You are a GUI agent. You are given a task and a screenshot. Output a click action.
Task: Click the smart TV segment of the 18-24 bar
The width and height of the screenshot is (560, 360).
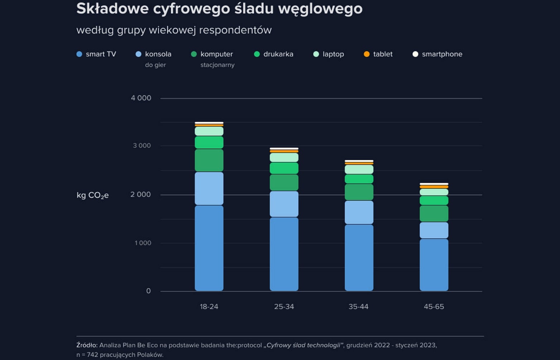(x=209, y=248)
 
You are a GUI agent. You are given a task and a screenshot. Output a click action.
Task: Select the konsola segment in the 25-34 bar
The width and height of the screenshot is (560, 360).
(x=284, y=204)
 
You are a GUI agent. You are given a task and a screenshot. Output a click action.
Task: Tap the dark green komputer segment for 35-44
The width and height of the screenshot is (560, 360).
(x=359, y=192)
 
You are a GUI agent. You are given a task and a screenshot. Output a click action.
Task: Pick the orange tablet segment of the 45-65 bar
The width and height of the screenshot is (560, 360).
(x=434, y=187)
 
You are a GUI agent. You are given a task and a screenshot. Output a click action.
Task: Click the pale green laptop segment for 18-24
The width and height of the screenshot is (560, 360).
(x=209, y=131)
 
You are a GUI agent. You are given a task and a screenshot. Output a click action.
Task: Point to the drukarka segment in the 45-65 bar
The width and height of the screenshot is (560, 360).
(x=434, y=200)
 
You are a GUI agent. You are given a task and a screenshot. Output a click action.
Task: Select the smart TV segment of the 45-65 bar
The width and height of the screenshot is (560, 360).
(x=434, y=264)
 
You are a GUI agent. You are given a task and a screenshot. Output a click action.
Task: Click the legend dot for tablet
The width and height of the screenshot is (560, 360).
(x=367, y=54)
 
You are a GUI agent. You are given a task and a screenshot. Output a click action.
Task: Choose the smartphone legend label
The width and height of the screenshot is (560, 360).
(x=442, y=54)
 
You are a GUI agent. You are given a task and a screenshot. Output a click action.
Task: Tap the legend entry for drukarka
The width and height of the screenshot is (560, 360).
(x=278, y=54)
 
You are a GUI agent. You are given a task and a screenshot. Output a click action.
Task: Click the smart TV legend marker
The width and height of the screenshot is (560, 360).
(x=79, y=54)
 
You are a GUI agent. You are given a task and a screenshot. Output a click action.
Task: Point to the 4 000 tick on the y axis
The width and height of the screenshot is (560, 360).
(x=141, y=98)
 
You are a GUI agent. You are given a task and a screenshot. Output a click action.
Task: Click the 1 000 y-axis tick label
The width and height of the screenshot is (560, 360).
(x=143, y=243)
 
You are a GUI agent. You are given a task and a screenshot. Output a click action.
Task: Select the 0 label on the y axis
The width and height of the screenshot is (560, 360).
(x=148, y=291)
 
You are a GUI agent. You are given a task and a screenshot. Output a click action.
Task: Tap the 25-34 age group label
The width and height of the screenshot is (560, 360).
(x=284, y=307)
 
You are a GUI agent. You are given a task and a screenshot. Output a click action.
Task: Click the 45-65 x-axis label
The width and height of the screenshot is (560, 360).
(x=434, y=307)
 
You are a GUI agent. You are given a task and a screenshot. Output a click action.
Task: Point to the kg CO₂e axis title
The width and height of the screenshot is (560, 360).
(x=92, y=195)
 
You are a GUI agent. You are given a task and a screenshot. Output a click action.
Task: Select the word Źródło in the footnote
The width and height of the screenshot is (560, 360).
(x=87, y=345)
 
